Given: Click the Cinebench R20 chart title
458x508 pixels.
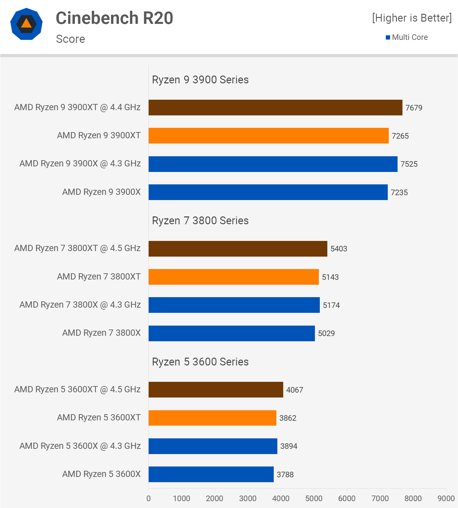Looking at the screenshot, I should (x=114, y=18).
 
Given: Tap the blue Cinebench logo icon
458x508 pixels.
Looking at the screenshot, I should (x=26, y=24).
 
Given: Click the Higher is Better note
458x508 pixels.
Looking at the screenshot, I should (x=412, y=18).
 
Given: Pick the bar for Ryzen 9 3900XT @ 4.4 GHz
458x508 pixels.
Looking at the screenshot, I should (x=275, y=108).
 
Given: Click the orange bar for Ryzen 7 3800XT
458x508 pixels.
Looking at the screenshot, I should (x=234, y=277).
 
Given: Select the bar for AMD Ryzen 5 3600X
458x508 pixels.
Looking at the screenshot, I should (x=211, y=474).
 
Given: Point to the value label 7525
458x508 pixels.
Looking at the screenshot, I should (x=409, y=164).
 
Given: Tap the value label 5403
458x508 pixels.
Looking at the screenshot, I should (x=339, y=249).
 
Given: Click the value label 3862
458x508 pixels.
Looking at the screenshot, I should (x=288, y=418).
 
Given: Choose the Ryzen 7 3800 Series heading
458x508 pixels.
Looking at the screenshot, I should (x=200, y=221).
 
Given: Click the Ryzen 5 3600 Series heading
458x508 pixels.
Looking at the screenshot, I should (x=200, y=362).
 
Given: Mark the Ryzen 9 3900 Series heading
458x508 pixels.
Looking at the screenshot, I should (x=200, y=80).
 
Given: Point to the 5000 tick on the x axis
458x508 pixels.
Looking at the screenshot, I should (x=314, y=499).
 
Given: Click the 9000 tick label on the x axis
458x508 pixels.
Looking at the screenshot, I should (x=446, y=499).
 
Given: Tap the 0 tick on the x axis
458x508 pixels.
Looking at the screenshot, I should (x=149, y=499).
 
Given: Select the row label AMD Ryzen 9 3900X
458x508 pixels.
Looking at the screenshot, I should (x=101, y=192).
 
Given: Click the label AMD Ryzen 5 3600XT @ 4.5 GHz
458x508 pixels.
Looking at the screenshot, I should (x=77, y=389).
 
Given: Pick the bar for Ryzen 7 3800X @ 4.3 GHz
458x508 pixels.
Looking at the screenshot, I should (x=234, y=305).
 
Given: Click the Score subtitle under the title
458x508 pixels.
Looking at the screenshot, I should (x=71, y=39).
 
